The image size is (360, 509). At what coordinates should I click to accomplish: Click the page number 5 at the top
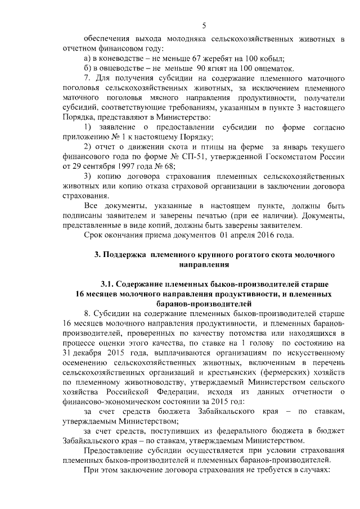pyautogui.click(x=204, y=25)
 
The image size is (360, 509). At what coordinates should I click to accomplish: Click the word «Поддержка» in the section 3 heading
pyautogui.click(x=124, y=255)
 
